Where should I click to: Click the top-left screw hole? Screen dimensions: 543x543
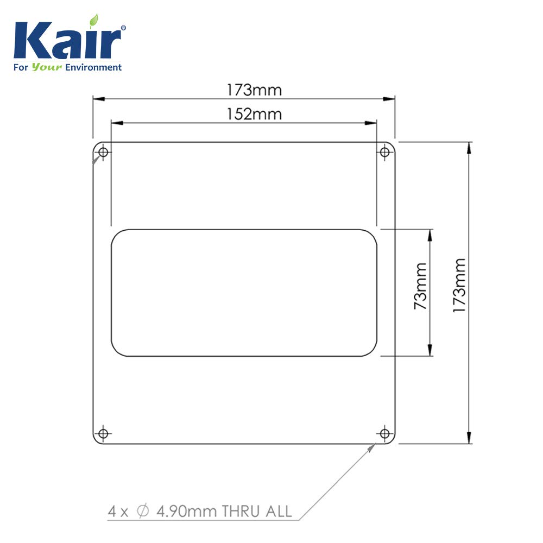(103, 152)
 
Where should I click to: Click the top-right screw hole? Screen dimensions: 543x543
(385, 152)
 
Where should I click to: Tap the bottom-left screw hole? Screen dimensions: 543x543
(103, 433)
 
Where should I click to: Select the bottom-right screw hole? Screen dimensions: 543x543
(385, 433)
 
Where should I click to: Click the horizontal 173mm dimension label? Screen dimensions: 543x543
(254, 90)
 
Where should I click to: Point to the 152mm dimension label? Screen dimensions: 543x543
(254, 114)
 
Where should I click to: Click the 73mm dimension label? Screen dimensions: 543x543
(420, 286)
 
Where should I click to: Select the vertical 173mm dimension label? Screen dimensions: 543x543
(459, 286)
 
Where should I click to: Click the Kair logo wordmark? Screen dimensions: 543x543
(67, 40)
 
